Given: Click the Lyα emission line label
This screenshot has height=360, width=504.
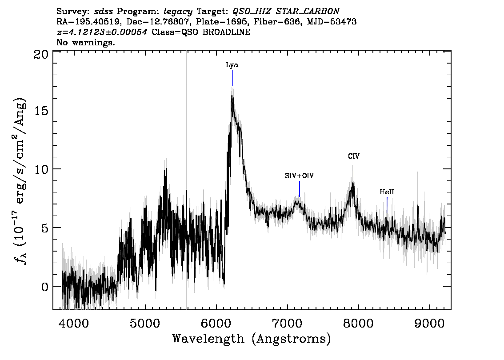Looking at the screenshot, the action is pyautogui.click(x=232, y=65).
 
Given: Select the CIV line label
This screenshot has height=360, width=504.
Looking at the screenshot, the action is pyautogui.click(x=354, y=156).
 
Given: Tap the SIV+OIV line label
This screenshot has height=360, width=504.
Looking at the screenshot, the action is pyautogui.click(x=299, y=176).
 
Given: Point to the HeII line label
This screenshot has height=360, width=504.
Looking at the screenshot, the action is pyautogui.click(x=387, y=192).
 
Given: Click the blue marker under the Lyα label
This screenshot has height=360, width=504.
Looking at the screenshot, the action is pyautogui.click(x=233, y=78).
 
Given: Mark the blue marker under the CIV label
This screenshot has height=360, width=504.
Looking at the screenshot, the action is pyautogui.click(x=354, y=169).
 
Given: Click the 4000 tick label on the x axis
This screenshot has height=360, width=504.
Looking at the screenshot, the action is pyautogui.click(x=74, y=324).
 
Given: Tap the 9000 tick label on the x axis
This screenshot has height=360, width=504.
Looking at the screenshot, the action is pyautogui.click(x=429, y=324).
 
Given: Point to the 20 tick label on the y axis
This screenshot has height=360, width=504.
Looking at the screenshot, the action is pyautogui.click(x=41, y=55).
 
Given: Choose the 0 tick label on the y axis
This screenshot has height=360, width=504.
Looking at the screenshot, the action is pyautogui.click(x=45, y=287).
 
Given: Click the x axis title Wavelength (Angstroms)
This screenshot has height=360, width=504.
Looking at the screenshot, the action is pyautogui.click(x=252, y=339).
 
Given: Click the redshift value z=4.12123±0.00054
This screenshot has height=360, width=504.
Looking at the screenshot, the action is pyautogui.click(x=102, y=32).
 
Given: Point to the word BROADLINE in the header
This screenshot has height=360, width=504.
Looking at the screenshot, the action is pyautogui.click(x=226, y=32).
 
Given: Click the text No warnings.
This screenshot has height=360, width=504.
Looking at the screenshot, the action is pyautogui.click(x=85, y=42).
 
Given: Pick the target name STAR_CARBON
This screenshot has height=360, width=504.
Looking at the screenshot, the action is pyautogui.click(x=308, y=12).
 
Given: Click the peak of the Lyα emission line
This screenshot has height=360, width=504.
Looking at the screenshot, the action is pyautogui.click(x=232, y=96).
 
